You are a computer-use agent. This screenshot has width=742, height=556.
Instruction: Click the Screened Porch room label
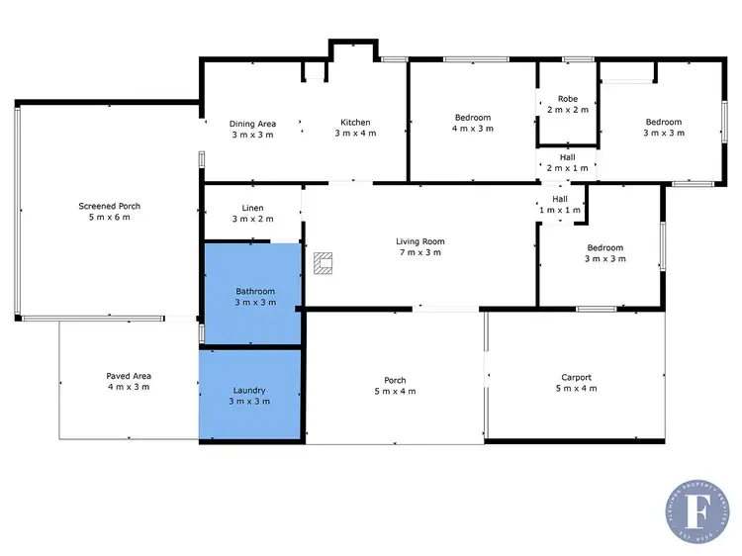[110, 206]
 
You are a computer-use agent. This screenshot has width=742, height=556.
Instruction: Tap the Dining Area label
[252, 124]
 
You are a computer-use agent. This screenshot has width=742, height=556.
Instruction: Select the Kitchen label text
[355, 123]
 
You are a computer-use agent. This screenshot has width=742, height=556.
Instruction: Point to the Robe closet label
[567, 99]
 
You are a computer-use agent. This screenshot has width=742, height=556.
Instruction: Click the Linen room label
[252, 208]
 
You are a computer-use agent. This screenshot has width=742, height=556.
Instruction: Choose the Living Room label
[420, 240]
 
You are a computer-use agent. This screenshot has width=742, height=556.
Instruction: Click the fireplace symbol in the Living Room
[324, 262]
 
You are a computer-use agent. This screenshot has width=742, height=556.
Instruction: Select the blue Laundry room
[249, 396]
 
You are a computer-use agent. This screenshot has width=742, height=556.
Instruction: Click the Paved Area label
[129, 376]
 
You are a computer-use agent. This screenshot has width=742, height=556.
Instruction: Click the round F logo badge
[703, 513]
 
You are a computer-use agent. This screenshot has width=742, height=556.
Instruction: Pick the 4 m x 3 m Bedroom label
[473, 123]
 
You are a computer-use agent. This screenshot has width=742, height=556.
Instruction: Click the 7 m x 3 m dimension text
[420, 252]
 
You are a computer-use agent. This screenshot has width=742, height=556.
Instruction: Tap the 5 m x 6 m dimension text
[110, 217]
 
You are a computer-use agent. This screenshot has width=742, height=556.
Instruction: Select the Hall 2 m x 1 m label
[567, 161]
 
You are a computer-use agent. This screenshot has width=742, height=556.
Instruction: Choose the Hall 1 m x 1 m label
[560, 204]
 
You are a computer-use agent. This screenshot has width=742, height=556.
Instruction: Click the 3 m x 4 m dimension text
[355, 134]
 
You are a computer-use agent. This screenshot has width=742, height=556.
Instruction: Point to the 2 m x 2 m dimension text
[567, 110]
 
